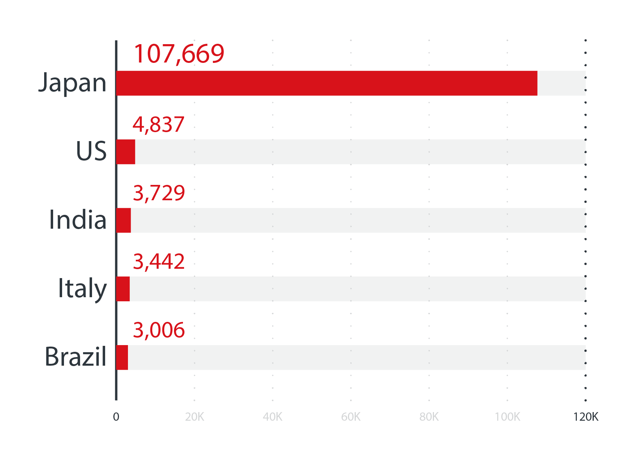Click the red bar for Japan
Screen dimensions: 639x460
(327, 83)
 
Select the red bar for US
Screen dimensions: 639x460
(126, 152)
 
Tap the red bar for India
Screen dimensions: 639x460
(123, 220)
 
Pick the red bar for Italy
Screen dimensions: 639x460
(123, 289)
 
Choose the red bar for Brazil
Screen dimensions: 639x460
(122, 357)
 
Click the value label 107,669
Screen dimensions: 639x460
(179, 54)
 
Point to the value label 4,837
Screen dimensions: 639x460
(159, 125)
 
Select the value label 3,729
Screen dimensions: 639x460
(159, 193)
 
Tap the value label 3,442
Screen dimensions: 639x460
(159, 262)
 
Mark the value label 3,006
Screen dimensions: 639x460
(159, 330)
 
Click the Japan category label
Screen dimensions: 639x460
(73, 83)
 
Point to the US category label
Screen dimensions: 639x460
(91, 151)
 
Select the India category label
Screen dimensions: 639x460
(78, 219)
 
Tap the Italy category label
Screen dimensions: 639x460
(82, 289)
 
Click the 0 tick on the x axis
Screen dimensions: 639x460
(116, 417)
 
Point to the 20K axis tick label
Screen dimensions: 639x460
(195, 417)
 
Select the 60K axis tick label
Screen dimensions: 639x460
(351, 417)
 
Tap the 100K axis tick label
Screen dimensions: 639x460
(507, 417)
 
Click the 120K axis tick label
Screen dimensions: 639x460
(586, 417)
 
